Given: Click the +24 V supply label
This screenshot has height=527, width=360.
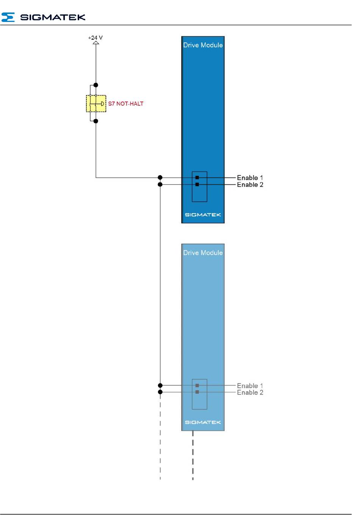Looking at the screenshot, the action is [95, 37].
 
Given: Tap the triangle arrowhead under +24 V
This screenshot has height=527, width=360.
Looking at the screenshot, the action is [96, 42].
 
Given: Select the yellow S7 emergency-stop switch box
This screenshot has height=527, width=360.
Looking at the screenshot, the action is [96, 103].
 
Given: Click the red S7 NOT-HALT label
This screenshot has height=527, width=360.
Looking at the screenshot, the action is [125, 104].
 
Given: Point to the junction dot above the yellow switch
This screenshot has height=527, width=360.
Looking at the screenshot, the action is [96, 85].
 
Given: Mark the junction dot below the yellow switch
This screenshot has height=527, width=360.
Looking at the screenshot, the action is [96, 121].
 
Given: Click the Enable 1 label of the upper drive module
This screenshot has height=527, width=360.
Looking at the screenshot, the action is [250, 178].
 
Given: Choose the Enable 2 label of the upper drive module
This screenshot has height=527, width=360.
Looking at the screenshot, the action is [250, 185].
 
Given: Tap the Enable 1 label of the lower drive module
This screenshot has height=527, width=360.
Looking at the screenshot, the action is [250, 386].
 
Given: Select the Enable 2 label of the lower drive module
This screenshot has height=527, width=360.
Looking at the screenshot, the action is [250, 392].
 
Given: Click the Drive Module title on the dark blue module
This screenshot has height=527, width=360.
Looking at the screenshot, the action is [203, 45].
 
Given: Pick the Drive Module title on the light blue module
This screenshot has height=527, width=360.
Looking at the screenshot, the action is [203, 253].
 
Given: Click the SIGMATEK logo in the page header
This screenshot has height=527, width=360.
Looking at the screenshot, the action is [43, 17].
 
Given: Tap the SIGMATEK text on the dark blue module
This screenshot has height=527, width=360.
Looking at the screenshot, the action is [203, 215].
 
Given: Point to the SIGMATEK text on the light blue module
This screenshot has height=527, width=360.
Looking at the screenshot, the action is [203, 422].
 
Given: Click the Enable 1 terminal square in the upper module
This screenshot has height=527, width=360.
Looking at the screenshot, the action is [197, 178].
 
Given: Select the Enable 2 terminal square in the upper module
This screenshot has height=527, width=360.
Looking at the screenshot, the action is [197, 184].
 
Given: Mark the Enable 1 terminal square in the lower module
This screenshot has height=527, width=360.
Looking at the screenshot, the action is [197, 385].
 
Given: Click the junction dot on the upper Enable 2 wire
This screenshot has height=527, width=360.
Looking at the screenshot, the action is [160, 184].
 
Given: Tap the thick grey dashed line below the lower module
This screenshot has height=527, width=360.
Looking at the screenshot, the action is [193, 455].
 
